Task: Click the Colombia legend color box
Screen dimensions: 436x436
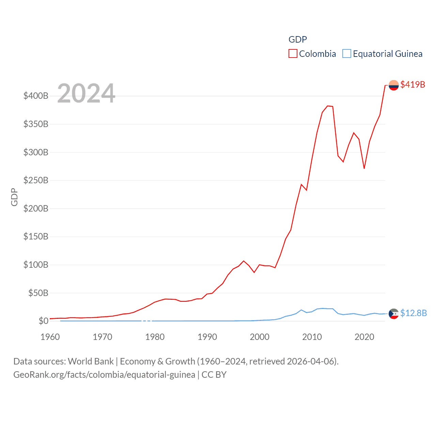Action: pos(293,54)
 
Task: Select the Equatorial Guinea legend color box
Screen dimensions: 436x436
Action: pos(346,54)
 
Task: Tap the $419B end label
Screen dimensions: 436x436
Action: pos(412,84)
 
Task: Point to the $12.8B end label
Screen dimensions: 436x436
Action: pos(413,313)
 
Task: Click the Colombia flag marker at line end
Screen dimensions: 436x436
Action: pos(393,85)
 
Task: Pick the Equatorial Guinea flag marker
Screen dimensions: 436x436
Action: pos(393,313)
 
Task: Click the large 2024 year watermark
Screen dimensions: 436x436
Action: pos(86,93)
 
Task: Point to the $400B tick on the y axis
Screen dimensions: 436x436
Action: pos(36,96)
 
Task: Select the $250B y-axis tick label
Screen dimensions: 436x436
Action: pos(36,180)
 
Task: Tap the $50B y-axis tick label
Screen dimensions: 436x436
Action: pos(38,293)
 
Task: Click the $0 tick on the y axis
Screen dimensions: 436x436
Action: pos(43,321)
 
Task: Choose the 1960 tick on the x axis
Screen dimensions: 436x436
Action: pos(50,337)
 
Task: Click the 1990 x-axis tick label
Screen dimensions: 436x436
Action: pos(207,337)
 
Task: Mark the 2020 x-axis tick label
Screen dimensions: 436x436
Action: pos(364,337)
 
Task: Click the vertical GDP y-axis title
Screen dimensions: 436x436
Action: pos(14,197)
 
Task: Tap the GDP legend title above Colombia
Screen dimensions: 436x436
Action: pos(297,40)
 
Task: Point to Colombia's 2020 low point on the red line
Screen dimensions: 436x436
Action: pos(364,168)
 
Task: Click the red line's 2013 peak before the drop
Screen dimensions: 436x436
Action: pos(328,106)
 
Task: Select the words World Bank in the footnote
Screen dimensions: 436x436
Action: pos(91,361)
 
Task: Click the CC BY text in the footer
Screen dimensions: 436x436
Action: pos(214,375)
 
